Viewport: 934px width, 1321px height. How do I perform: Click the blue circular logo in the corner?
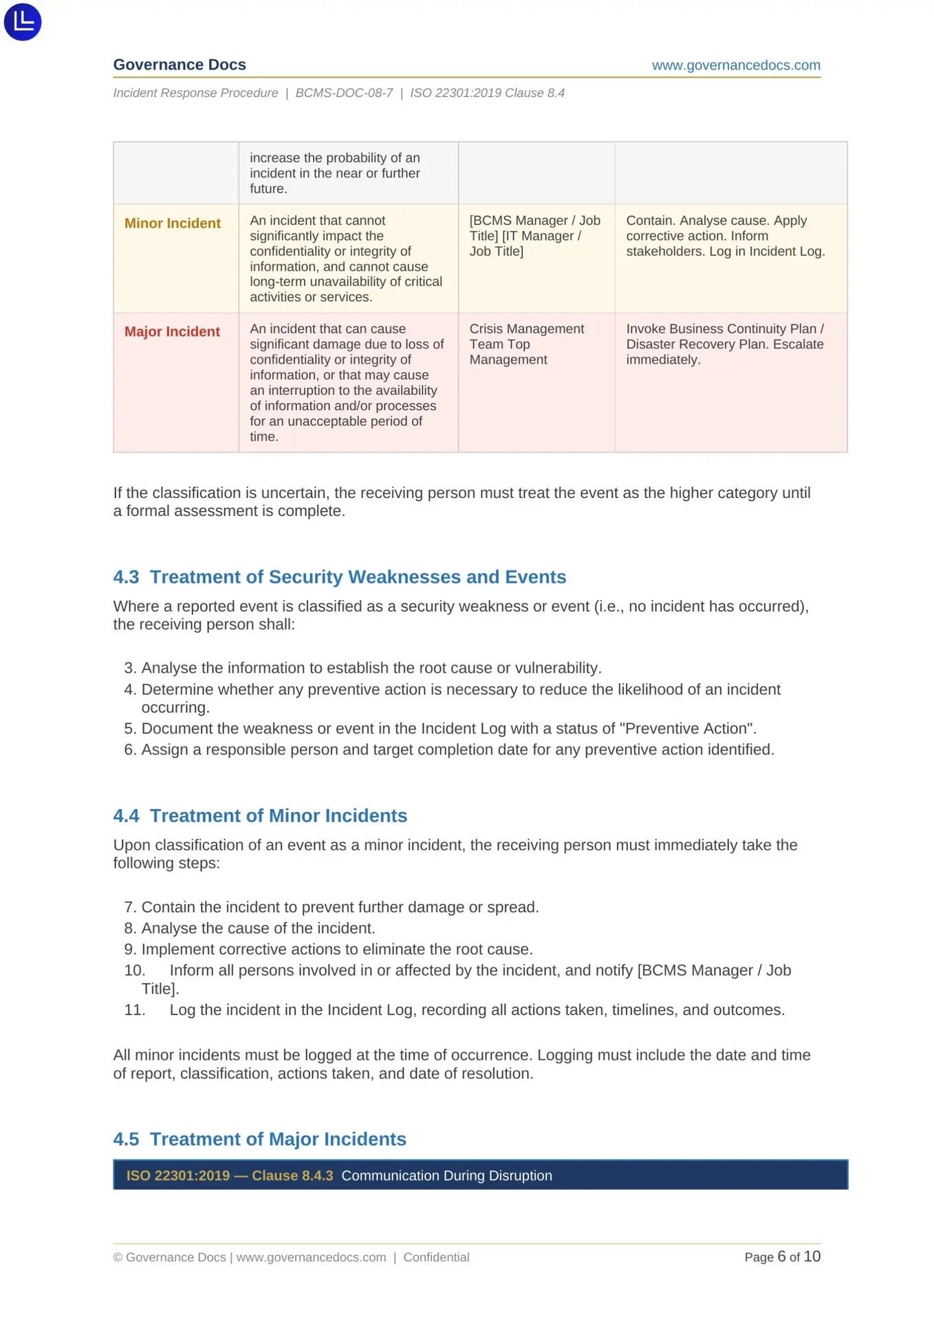pos(23,22)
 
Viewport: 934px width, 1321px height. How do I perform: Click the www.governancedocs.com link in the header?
pos(735,65)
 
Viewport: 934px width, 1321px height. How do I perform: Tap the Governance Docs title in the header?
pos(180,65)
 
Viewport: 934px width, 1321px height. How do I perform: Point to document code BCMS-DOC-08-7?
pos(344,93)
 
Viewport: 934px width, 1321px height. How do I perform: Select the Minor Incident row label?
pos(172,223)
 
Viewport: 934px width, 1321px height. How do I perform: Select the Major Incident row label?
pos(172,332)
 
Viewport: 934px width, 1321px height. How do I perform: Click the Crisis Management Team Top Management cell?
pos(526,344)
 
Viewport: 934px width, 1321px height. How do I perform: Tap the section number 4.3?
pos(126,577)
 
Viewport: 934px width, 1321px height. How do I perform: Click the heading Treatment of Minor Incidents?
pos(278,815)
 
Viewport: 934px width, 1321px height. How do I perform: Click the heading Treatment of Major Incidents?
pos(278,1139)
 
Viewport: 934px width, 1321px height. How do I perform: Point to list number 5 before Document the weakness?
pos(130,729)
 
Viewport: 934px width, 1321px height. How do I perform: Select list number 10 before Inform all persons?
pos(134,970)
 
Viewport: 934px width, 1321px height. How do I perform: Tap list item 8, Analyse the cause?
pos(258,928)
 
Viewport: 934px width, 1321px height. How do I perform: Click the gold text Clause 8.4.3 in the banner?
pos(292,1175)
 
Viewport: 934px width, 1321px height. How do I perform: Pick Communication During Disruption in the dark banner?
pos(446,1175)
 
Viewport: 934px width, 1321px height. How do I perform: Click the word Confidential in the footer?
pos(436,1257)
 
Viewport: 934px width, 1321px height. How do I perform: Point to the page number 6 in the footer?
pos(781,1256)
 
